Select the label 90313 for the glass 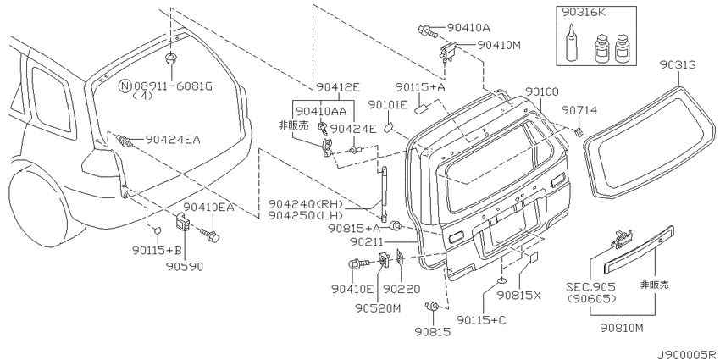click(x=678, y=65)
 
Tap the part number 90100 click(x=542, y=92)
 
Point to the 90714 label click(x=580, y=110)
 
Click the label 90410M click(x=500, y=45)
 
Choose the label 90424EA click(x=173, y=140)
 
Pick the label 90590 click(x=186, y=267)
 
